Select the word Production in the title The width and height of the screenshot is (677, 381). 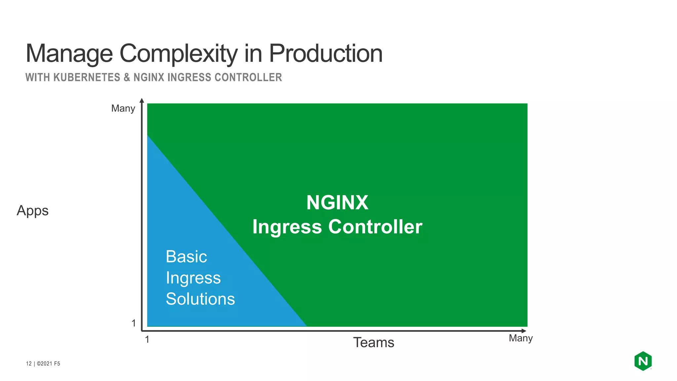(326, 54)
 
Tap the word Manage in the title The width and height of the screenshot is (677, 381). (69, 54)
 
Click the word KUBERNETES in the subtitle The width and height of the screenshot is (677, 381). (87, 77)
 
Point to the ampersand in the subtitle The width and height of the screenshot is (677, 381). (127, 77)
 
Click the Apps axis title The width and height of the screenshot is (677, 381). (33, 211)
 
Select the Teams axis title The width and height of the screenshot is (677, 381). (374, 342)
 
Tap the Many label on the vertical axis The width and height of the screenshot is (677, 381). (123, 108)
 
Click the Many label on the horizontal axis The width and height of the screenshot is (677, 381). (521, 338)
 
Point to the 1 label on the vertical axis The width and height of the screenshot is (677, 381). (134, 323)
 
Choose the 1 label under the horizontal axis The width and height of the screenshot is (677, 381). (147, 339)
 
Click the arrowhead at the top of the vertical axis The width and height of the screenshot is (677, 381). (142, 101)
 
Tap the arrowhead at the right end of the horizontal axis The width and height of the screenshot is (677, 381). (524, 331)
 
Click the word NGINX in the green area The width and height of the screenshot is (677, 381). (337, 202)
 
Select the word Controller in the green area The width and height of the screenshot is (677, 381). (375, 227)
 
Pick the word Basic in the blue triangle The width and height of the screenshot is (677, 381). (186, 257)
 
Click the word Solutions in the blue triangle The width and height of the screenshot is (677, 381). (200, 299)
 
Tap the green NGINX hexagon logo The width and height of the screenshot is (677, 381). (643, 361)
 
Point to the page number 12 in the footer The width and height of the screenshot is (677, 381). (29, 363)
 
